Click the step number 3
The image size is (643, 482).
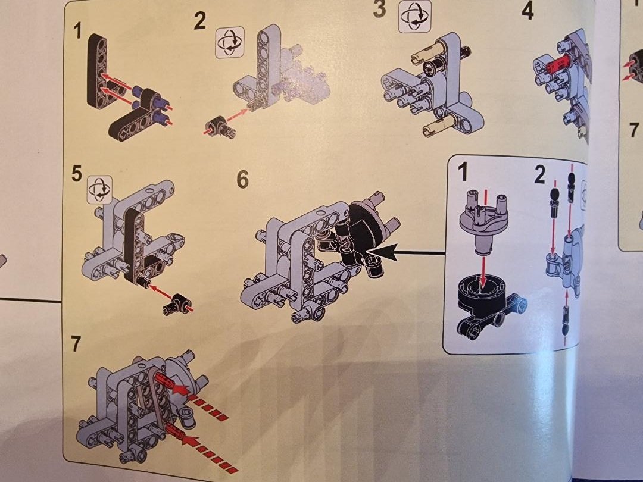380,9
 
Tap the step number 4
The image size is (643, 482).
527,11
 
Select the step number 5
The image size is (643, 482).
77,173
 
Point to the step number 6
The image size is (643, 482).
243,180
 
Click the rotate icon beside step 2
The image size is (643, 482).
230,42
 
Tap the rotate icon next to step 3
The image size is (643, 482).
415,17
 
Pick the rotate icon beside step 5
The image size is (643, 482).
99,190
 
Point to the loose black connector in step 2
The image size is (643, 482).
220,126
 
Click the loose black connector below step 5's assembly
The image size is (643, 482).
176,305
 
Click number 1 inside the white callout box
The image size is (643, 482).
463,171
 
